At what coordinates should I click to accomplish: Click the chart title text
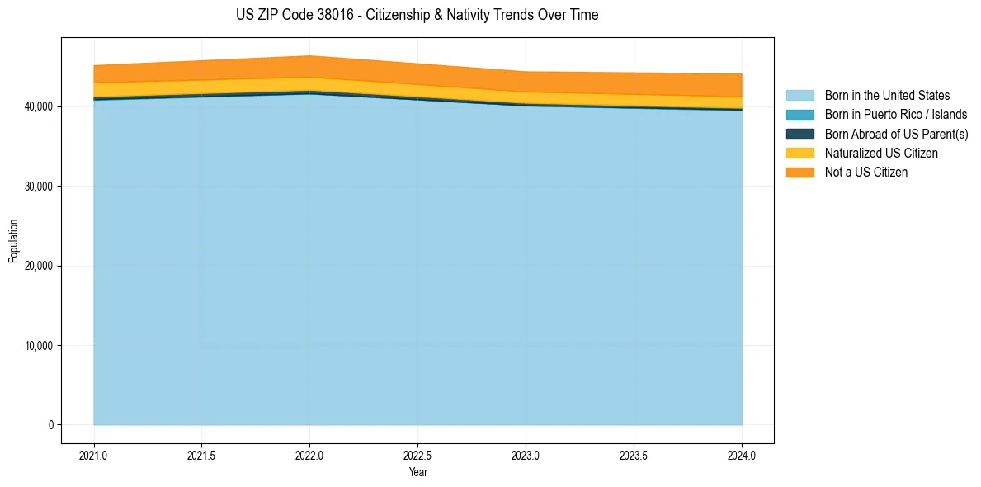[417, 15]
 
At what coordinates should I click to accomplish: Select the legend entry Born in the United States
[887, 96]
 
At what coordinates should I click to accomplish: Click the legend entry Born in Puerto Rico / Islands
[896, 115]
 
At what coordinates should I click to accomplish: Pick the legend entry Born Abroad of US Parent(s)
[896, 134]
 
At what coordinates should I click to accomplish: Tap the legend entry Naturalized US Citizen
[881, 153]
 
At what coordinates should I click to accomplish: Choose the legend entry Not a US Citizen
[866, 172]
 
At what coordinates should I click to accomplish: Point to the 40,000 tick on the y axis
[37, 106]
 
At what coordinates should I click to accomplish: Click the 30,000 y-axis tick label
[37, 187]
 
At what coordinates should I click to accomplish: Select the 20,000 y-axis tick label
[37, 266]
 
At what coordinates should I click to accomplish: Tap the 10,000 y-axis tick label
[37, 346]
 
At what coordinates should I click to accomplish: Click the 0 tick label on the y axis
[50, 425]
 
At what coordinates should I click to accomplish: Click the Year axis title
[417, 472]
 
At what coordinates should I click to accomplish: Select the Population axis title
[13, 241]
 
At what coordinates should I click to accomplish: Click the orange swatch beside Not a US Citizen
[800, 172]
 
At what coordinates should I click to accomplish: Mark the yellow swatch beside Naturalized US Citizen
[800, 153]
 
